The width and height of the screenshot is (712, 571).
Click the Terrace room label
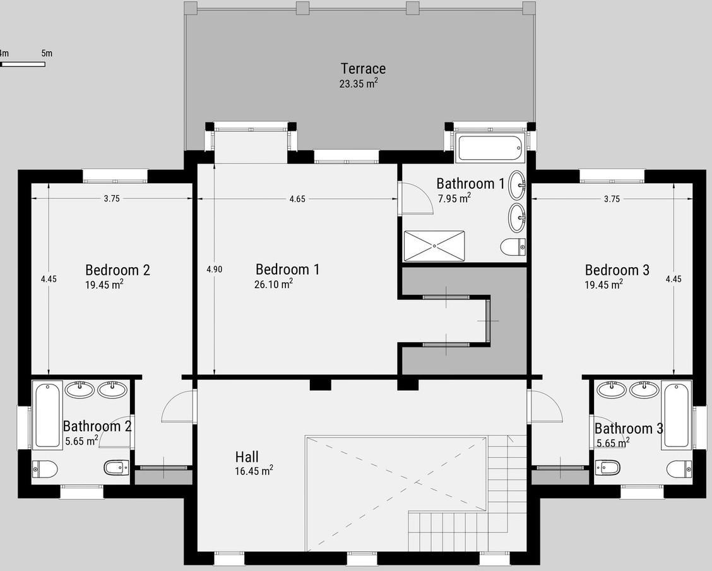click(x=364, y=69)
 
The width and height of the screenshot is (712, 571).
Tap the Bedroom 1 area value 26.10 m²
click(x=273, y=284)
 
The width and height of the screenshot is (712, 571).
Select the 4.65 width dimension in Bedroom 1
click(x=297, y=198)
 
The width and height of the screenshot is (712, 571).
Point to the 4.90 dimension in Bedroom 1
click(x=215, y=269)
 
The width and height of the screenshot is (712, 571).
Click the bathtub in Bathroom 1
click(x=490, y=148)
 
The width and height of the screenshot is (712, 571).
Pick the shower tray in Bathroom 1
click(x=434, y=246)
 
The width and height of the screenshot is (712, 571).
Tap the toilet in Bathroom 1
click(x=513, y=247)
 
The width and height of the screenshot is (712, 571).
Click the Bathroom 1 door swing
click(x=415, y=198)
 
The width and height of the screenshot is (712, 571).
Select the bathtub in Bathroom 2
click(x=47, y=415)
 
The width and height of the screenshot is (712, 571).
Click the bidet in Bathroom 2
click(x=117, y=467)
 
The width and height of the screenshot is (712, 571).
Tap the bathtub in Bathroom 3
click(x=676, y=415)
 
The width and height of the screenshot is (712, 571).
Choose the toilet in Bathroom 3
click(x=679, y=467)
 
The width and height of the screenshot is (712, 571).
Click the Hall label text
click(x=247, y=457)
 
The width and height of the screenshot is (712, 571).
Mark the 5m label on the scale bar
click(x=47, y=53)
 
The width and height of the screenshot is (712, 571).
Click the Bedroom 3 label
click(x=617, y=270)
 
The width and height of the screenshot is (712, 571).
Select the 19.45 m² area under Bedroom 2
click(x=104, y=284)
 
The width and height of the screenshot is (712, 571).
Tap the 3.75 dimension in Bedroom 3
click(x=612, y=198)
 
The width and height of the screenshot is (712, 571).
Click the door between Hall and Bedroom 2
click(x=179, y=406)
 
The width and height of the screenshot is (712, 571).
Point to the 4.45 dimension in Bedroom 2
click(x=49, y=279)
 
